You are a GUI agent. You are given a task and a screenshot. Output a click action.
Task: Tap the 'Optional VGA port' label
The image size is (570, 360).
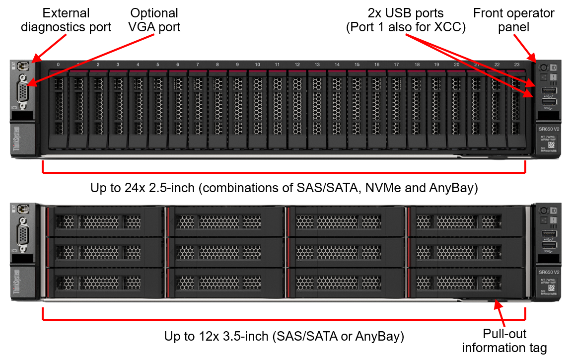(154, 19)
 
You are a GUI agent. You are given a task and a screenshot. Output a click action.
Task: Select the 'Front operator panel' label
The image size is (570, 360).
(513, 19)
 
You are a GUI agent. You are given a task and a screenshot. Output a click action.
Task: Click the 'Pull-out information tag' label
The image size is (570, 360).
(504, 340)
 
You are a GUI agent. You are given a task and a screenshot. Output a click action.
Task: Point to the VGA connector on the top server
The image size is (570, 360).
(23, 91)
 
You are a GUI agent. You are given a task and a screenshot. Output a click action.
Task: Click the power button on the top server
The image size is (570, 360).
(543, 68)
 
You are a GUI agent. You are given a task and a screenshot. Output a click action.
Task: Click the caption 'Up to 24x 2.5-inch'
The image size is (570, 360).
(284, 188)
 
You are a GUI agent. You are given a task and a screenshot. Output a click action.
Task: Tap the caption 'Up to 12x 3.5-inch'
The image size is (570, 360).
(284, 336)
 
